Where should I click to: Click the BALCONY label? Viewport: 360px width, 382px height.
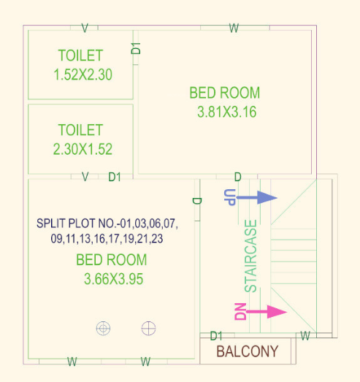tap(248, 351)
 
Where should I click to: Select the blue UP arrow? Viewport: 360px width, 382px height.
tap(258, 197)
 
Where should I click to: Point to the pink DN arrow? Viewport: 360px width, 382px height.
tap(267, 312)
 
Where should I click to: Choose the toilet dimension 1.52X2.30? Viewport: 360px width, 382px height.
tap(82, 74)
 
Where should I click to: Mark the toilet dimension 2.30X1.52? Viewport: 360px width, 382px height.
tap(82, 149)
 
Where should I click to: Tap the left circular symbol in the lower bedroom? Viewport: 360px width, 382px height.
tap(104, 328)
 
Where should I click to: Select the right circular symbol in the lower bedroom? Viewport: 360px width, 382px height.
tap(149, 328)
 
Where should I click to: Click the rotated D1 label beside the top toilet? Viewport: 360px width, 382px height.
tap(136, 48)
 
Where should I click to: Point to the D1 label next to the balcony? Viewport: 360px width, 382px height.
tap(216, 336)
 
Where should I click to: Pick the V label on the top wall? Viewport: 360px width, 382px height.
tap(85, 28)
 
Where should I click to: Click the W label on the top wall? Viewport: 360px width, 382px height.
tap(234, 28)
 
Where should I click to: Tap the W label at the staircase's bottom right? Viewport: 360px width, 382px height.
tap(306, 336)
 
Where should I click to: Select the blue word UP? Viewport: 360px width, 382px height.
tap(229, 197)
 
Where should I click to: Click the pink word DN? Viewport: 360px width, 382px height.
tap(240, 312)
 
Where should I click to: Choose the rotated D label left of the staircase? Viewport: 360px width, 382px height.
tap(196, 201)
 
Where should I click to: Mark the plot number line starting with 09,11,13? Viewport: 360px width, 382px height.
tap(107, 239)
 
